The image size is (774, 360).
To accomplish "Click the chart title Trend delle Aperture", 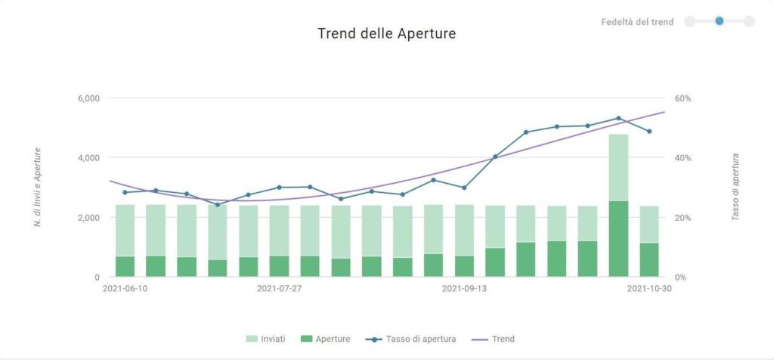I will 386,34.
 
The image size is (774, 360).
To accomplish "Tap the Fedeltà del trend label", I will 637,22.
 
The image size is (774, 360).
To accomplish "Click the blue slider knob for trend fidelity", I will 720,21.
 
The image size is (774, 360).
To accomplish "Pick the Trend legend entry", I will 497,339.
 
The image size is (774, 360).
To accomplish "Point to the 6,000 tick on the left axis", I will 88,98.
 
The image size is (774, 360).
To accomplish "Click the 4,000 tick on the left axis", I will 88,158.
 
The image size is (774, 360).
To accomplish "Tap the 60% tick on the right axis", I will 683,98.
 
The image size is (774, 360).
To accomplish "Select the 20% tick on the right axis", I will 683,218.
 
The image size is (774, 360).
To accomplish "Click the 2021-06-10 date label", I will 125,288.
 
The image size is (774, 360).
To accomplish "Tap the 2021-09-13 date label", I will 464,288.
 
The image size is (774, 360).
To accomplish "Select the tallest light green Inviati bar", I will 618,166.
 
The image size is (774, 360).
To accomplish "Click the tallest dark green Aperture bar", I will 618,239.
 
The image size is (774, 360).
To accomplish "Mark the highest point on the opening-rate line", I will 618,118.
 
